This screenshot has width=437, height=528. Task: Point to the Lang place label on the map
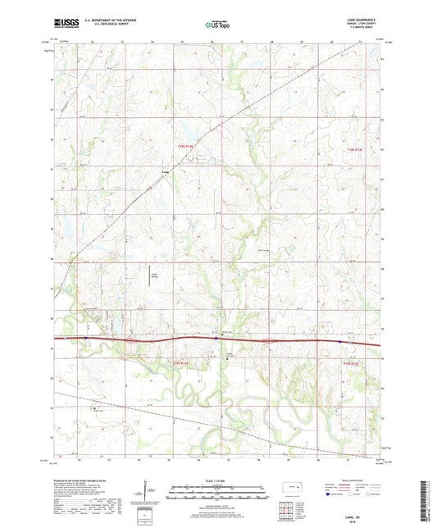point(165,172)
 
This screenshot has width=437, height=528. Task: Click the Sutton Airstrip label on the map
point(153,276)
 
